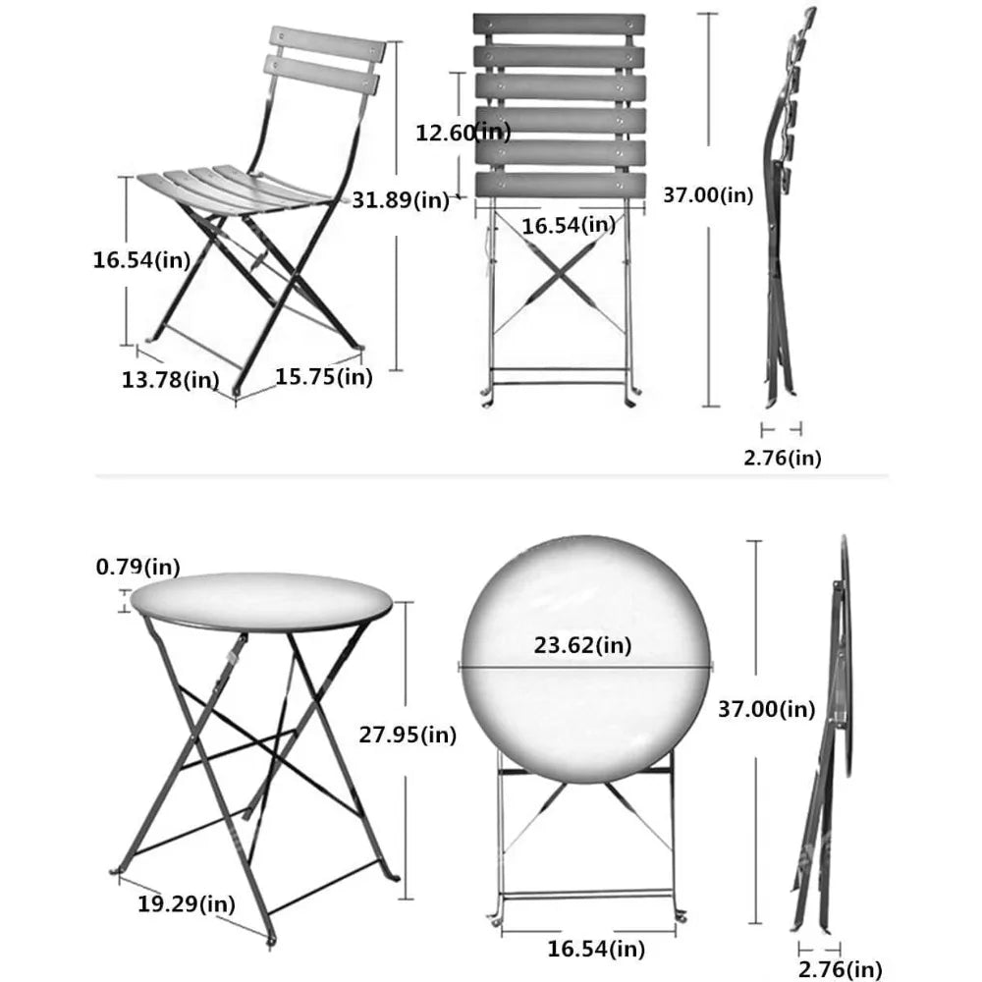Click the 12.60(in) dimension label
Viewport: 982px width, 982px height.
click(x=463, y=132)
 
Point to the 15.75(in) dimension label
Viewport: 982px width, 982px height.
click(x=323, y=376)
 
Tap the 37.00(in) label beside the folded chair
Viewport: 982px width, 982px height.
click(x=708, y=195)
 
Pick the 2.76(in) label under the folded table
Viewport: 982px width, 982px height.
click(x=840, y=970)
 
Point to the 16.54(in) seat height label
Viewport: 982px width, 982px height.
click(x=141, y=259)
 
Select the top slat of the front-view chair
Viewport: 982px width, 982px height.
click(x=552, y=25)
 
